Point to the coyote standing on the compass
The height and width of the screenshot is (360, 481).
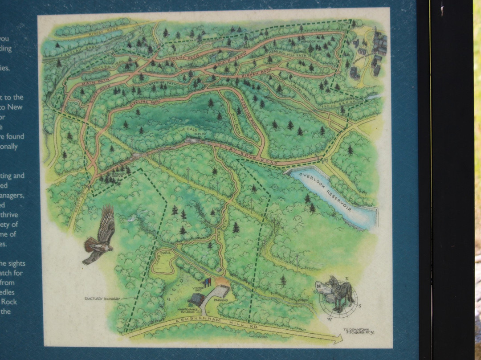pyautogui.click(x=338, y=292)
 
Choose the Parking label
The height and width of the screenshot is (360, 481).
pyautogui.click(x=221, y=300)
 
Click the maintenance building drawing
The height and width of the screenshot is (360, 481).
pyautogui.click(x=196, y=299)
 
